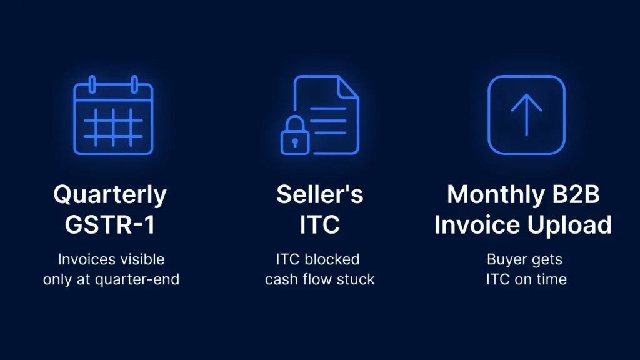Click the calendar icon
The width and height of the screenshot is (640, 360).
[x=113, y=115]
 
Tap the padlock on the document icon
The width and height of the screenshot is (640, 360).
[x=295, y=136]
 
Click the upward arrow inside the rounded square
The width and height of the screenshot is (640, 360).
[x=526, y=115]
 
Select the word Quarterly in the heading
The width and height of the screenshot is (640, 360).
[x=110, y=195]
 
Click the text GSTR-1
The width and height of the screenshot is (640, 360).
[x=110, y=224]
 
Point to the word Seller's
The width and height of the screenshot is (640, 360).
[x=319, y=194]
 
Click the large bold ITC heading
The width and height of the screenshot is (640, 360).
[x=319, y=224]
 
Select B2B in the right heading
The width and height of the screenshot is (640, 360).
[x=576, y=194]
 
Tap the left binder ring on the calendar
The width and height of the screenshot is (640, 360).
[x=92, y=84]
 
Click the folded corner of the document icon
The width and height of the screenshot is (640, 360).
[x=348, y=87]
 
